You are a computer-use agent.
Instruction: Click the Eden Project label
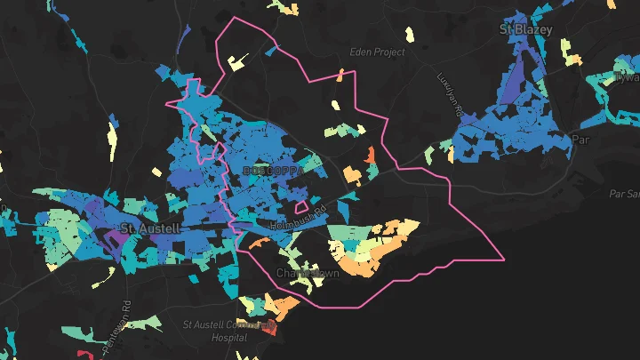pos(377,52)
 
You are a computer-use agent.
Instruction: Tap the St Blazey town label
pos(525,29)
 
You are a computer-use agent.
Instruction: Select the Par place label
pos(581,140)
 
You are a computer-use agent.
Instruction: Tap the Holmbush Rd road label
pos(292,212)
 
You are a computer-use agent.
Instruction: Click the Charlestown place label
pos(308,273)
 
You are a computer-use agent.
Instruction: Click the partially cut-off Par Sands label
pos(624,193)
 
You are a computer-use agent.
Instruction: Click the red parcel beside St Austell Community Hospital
pos(271,329)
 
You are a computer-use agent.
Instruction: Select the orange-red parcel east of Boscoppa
pos(372,156)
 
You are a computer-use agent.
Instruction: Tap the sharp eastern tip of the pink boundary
pos(504,260)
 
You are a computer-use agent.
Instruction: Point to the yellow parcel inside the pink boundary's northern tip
pos(237,62)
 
